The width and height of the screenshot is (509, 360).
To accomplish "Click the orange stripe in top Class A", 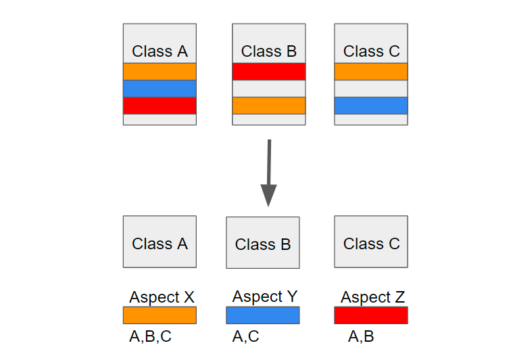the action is tap(160, 72).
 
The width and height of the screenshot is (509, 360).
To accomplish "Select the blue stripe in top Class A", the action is tap(160, 88).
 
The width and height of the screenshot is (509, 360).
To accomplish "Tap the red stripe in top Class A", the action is tap(160, 106).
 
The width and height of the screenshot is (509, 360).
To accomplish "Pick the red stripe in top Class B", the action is tap(269, 72).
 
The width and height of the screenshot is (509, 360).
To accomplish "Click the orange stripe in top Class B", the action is tap(269, 105).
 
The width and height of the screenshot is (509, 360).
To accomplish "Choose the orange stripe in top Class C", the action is tap(371, 72).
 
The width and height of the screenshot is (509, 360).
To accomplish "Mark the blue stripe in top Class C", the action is tap(371, 105).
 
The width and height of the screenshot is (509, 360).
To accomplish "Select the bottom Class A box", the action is tap(160, 242).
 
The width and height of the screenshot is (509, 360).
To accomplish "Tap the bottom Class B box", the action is tap(263, 242).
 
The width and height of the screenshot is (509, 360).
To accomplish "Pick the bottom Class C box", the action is tap(371, 242).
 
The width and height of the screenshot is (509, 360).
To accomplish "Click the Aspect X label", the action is tap(162, 297).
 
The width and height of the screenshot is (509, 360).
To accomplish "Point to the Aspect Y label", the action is tap(265, 297).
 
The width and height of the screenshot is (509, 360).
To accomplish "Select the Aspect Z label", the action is tap(372, 297).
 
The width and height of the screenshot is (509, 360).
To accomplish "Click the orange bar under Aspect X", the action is tap(160, 315).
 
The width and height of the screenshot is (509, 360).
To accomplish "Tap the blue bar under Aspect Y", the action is tap(263, 315).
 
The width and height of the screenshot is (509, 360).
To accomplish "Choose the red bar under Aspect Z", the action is tap(371, 315).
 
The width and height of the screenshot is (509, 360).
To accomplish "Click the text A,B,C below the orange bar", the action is tap(150, 336).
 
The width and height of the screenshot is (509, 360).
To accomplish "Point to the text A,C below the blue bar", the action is tap(246, 336).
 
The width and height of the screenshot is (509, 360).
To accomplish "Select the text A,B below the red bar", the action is tap(361, 336).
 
